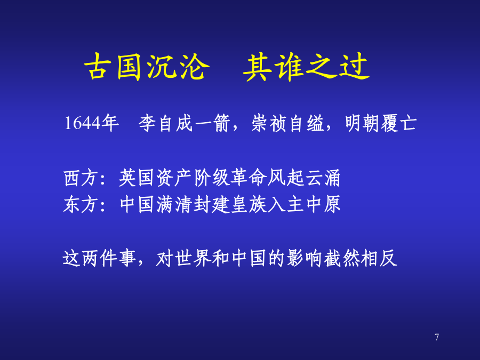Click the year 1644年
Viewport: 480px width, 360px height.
coord(92,123)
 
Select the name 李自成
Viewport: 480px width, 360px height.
coord(166,123)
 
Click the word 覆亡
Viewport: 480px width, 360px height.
coord(399,123)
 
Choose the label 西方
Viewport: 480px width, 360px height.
coord(81,178)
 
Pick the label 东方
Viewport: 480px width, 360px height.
coord(81,204)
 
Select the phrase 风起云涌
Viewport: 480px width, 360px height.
coord(303,178)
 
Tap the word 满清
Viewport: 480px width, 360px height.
coord(174,204)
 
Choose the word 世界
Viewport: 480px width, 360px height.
coord(193,258)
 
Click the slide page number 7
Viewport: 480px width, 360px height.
coord(437,337)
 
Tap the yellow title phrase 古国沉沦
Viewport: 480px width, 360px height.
coord(147,67)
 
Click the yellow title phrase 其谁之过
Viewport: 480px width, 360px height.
coord(306,67)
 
